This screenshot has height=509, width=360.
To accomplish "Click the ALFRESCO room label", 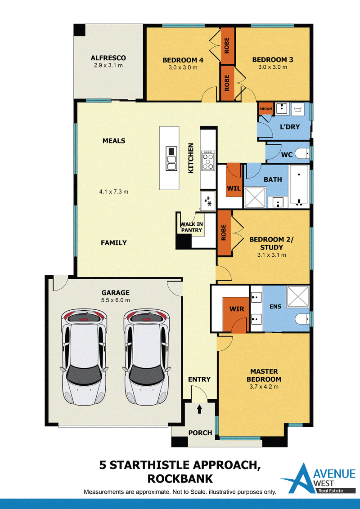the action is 108,58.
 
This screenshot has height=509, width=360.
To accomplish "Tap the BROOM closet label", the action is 266,109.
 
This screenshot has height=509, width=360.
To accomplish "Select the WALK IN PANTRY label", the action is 191,227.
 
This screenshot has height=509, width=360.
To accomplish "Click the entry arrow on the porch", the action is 199,409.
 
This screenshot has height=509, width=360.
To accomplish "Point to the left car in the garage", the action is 84,356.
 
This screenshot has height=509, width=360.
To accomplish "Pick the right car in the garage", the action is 147,356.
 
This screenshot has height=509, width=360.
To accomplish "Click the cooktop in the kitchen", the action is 208,161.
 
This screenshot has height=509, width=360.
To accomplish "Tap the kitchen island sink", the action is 171,158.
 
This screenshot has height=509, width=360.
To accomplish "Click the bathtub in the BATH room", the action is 299,186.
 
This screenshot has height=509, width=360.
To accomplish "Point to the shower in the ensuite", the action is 298,297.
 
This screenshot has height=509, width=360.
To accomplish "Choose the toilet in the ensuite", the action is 302,319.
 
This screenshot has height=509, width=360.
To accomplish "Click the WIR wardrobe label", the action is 237,309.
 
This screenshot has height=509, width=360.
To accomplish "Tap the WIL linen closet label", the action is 234,188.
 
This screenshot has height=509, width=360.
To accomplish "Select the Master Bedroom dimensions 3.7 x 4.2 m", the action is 264,387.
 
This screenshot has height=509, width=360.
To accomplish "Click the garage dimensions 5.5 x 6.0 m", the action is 115,300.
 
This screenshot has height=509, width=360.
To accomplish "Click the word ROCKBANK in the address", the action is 180,478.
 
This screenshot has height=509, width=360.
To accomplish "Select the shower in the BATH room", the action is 255,197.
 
